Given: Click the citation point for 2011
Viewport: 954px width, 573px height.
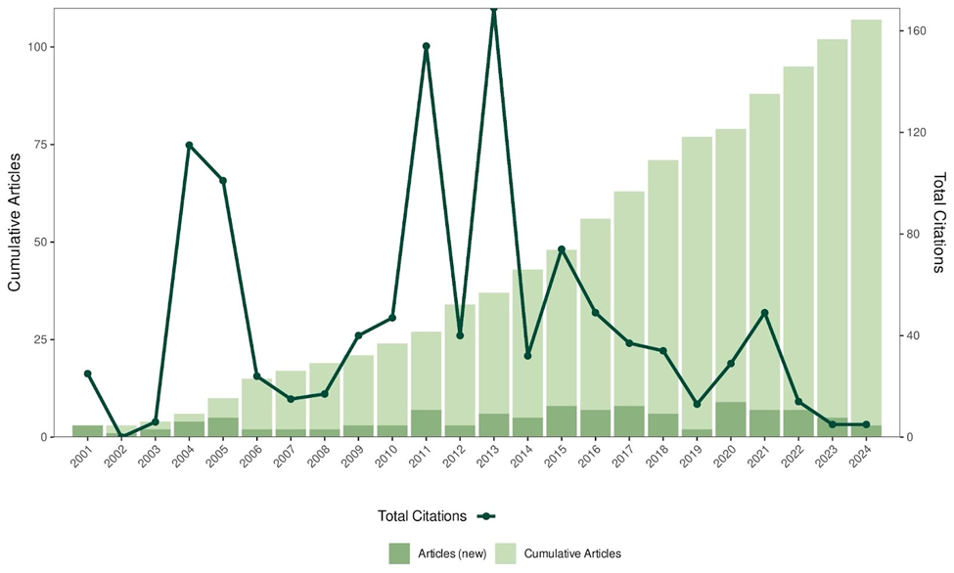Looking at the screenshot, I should pos(426,46).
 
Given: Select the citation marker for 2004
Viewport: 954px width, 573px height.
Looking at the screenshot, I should pos(189,145).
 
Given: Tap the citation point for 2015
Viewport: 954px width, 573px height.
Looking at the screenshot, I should pos(561,249).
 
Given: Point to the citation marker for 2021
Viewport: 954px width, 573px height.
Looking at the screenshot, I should pos(764,313).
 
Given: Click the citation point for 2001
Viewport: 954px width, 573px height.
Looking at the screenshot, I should pos(87,374).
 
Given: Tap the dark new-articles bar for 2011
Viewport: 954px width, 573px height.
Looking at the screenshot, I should pos(426,423).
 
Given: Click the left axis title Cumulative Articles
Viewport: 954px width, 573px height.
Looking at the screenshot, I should pos(14,223).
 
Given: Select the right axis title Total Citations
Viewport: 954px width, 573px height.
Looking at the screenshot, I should pos(939,223).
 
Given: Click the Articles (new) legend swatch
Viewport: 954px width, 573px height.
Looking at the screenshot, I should pos(402,552).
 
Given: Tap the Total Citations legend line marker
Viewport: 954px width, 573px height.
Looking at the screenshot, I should pos(486,516).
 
